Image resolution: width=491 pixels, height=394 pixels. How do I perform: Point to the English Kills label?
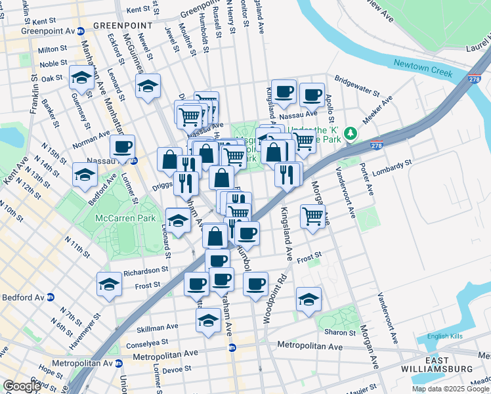pos(444,336)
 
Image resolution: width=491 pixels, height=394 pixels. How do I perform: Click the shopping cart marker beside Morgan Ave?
pos(313,215)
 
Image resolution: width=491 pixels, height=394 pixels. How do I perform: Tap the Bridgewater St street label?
pos(357,85)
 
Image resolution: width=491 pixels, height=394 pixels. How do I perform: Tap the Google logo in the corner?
pos(22,386)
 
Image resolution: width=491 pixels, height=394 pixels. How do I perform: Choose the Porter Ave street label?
pos(371,181)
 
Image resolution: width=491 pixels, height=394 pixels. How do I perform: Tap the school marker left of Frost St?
pos(110,284)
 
